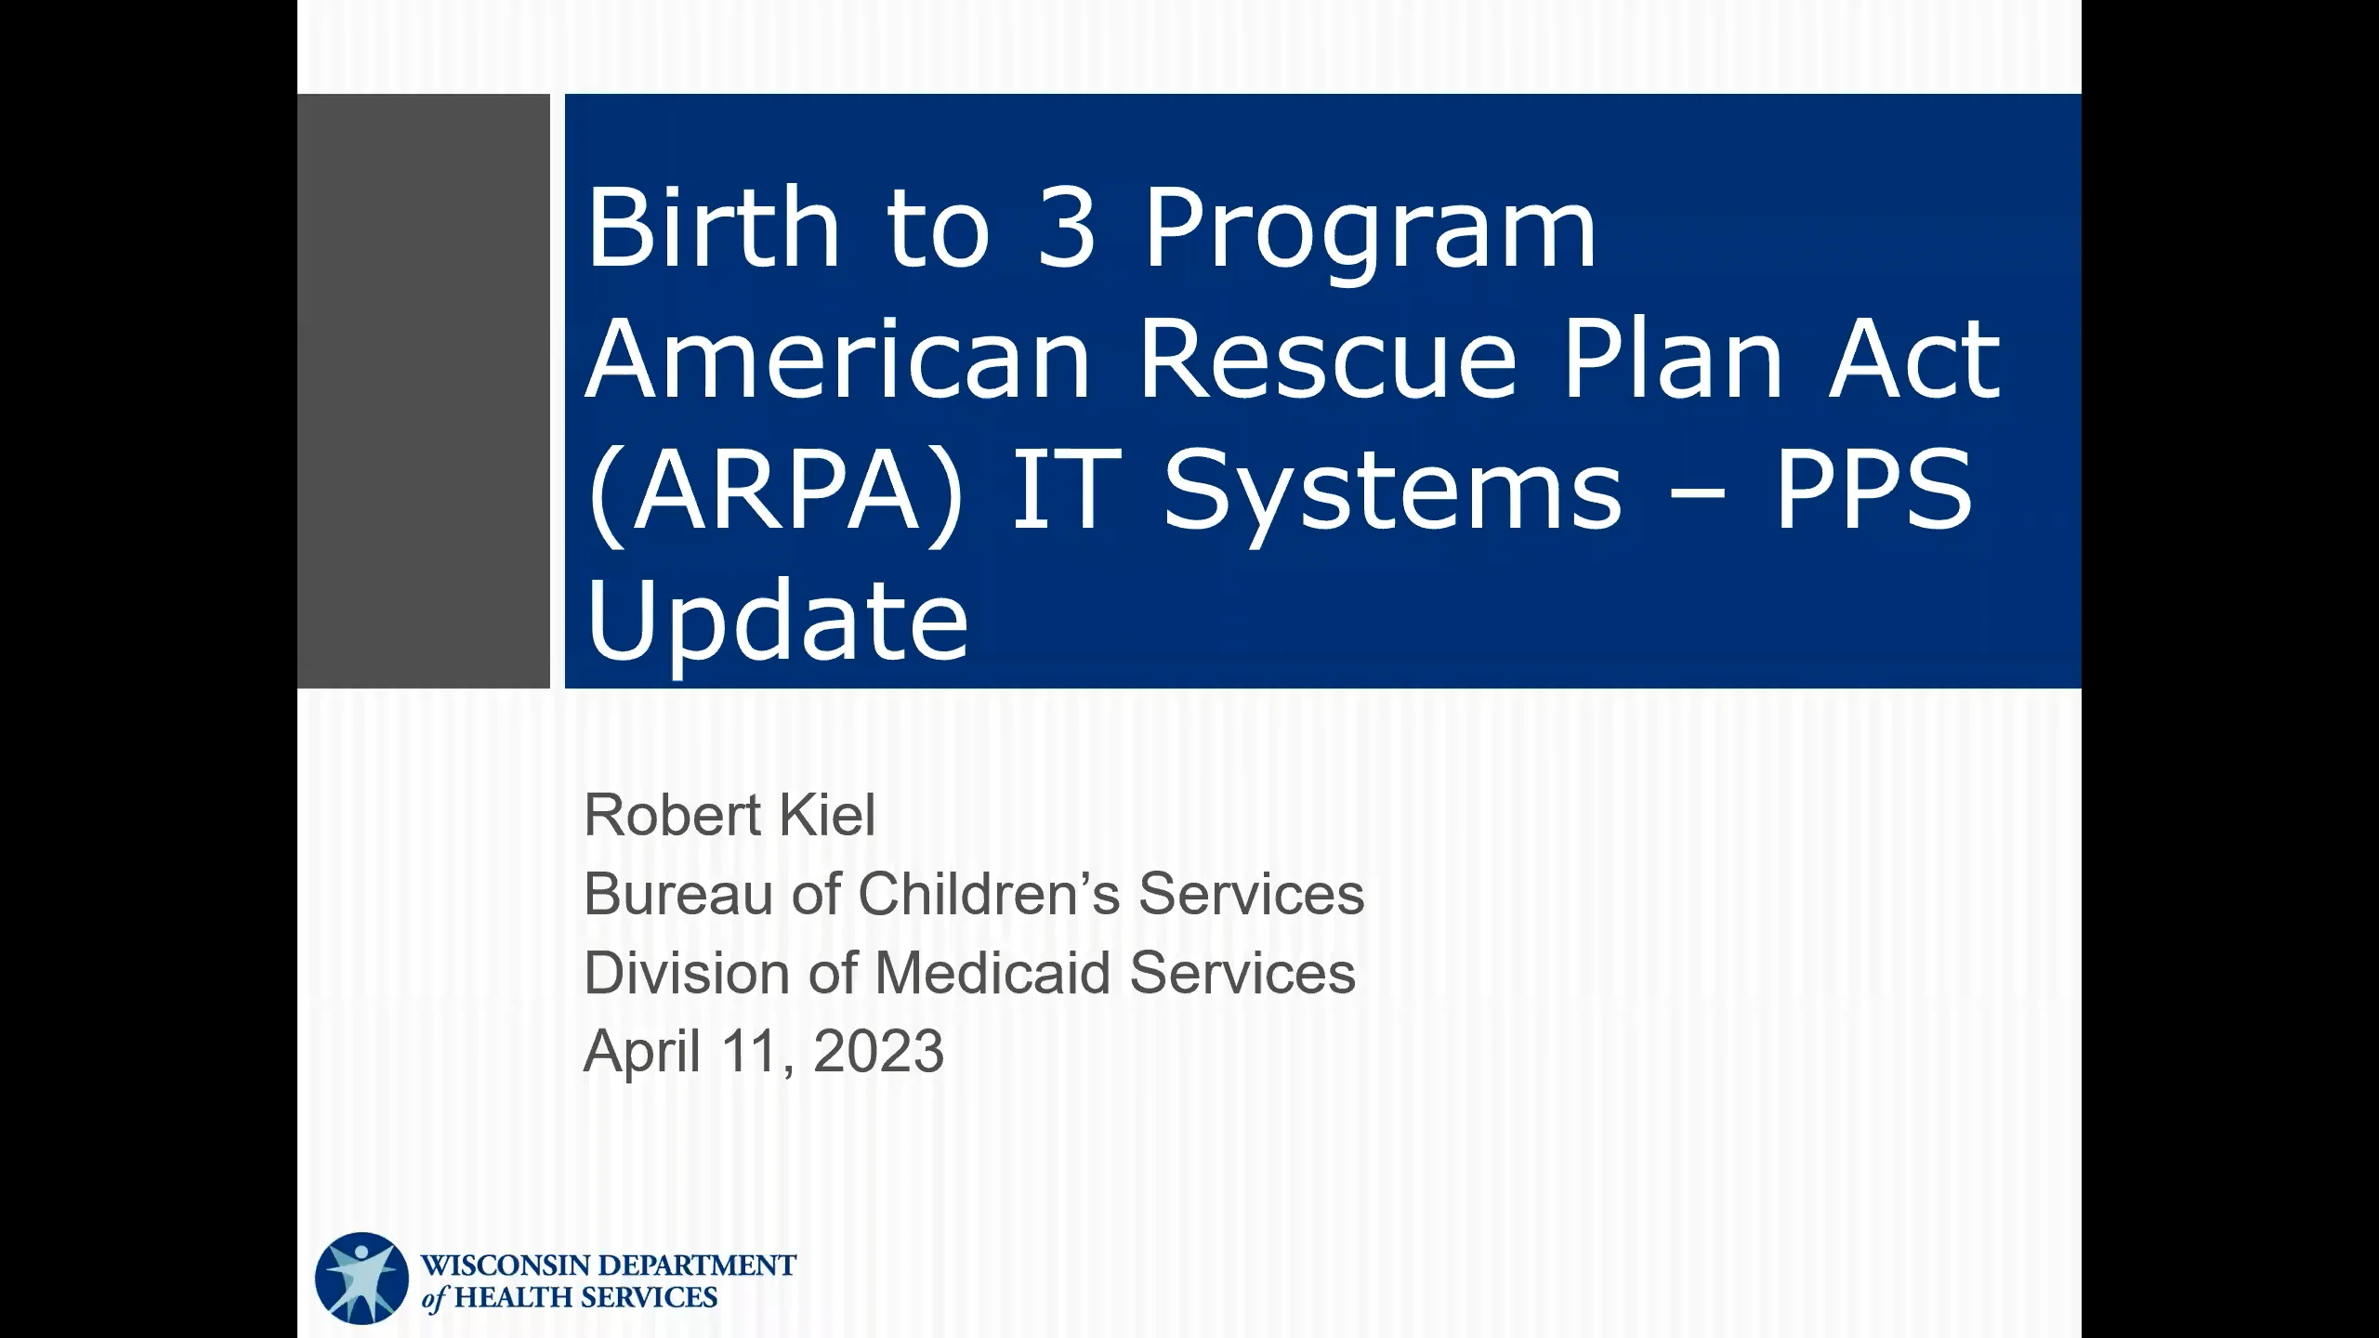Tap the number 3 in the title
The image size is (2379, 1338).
[x=1066, y=227]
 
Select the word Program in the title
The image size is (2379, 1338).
[x=1369, y=232]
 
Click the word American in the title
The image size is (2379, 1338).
[x=836, y=358]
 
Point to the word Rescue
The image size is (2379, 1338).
[x=1327, y=358]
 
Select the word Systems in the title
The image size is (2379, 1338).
[x=1391, y=492]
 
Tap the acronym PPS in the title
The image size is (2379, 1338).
[x=1873, y=489]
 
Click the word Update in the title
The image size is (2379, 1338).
[x=777, y=623]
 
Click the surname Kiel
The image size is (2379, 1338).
[x=827, y=815]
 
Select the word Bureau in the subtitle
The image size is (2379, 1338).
[x=677, y=894]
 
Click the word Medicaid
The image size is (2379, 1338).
[x=992, y=973]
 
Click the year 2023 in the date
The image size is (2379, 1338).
[x=877, y=1052]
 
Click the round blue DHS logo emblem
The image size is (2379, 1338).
[x=362, y=1279]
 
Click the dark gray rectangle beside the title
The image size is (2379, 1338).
[x=424, y=390]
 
